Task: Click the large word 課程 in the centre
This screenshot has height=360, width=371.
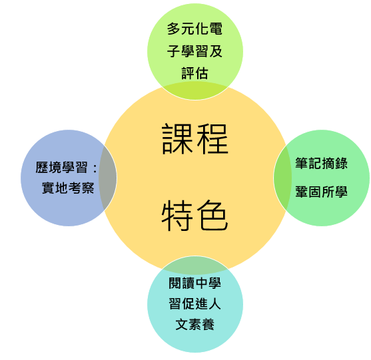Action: pos(195,139)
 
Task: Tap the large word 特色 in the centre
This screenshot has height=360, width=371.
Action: pos(195,215)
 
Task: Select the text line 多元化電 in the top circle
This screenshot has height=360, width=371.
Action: pos(194,29)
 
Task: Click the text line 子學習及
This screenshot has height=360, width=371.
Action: pos(194,51)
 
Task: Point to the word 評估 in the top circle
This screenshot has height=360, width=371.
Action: pos(194,73)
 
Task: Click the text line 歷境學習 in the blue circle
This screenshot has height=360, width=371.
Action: pos(61,167)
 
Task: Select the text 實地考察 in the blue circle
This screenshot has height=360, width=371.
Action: pos(68,188)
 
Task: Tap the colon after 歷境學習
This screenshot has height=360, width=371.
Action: pos(95,168)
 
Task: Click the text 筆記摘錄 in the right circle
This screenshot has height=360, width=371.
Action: pos(321,163)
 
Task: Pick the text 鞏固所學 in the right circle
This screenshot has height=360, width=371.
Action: pos(321,192)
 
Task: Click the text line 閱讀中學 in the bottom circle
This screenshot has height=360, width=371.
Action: pos(194,283)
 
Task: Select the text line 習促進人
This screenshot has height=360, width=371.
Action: pos(194,303)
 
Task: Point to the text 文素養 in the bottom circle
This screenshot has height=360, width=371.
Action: pos(194,324)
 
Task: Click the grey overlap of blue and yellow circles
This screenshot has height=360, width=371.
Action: pos(108,178)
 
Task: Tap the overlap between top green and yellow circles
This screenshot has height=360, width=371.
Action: pos(195,90)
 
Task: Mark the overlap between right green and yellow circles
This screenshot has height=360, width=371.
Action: pos(282,178)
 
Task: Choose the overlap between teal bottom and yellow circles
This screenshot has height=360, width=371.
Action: pos(195,265)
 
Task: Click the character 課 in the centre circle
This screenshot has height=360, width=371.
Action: pos(177,139)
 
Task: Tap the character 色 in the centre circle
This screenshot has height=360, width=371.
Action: pos(212,215)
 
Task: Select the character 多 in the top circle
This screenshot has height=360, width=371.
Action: pos(174,29)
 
